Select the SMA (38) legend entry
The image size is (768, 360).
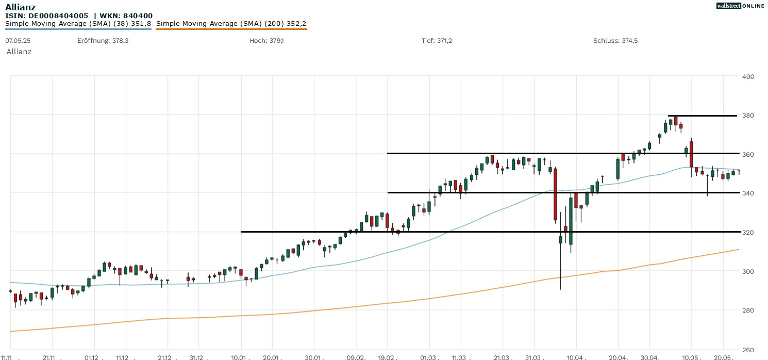click(x=78, y=24)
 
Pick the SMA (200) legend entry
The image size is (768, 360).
click(x=231, y=24)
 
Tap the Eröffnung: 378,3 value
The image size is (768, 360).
click(x=103, y=40)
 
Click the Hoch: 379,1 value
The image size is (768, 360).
click(x=266, y=40)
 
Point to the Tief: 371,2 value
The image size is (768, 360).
click(x=437, y=40)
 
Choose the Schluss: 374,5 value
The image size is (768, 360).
click(x=615, y=40)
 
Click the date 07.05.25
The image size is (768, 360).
click(x=16, y=40)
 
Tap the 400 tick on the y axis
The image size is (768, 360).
click(x=748, y=77)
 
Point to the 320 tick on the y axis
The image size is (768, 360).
click(x=748, y=233)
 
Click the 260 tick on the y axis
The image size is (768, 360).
click(x=748, y=349)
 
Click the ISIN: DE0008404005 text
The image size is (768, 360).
click(x=47, y=16)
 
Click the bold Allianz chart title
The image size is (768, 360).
click(x=20, y=7)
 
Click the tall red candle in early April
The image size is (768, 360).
click(x=555, y=194)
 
